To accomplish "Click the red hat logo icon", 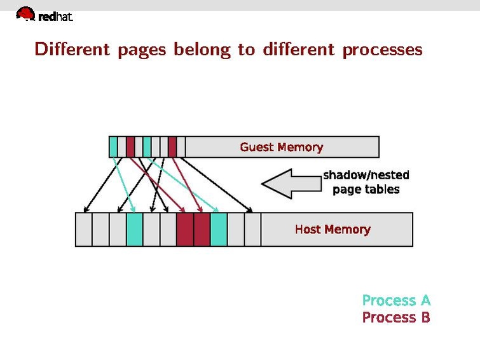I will [x=25, y=14].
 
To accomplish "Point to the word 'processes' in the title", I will [x=382, y=50].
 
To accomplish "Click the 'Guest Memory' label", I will [x=281, y=147].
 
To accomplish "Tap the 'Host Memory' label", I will [x=333, y=229].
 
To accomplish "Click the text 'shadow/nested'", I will [x=366, y=175].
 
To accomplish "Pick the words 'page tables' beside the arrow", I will [x=366, y=190].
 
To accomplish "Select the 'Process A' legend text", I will [x=396, y=300].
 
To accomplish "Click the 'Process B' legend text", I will [x=396, y=317].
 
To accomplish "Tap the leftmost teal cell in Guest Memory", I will [x=113, y=147].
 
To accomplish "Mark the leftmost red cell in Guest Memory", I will [x=130, y=147].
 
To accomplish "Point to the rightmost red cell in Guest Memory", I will [x=172, y=147].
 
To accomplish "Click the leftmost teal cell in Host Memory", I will [x=134, y=230].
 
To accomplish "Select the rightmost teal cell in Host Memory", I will [x=219, y=230].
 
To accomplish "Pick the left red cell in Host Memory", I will [x=185, y=230].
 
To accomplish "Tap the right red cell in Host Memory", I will [x=202, y=230].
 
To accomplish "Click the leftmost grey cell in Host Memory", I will [x=84, y=230].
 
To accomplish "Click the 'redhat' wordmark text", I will [x=56, y=18].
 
